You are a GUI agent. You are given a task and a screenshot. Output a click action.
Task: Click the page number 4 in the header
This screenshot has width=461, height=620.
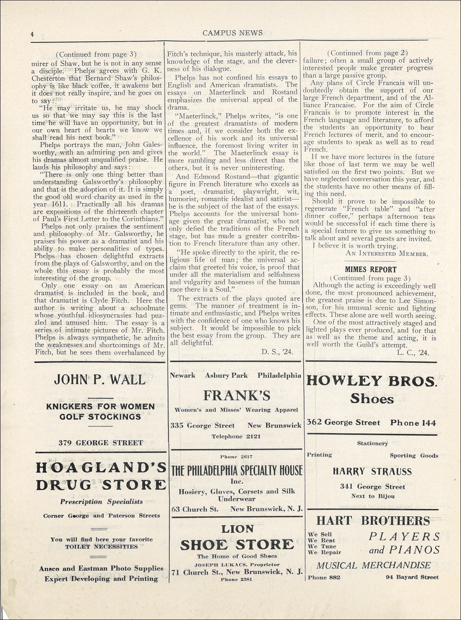point(32,35)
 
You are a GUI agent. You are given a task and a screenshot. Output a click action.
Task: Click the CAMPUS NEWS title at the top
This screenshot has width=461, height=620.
point(232,33)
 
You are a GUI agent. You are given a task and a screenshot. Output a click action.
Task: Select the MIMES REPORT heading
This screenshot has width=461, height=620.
point(370,270)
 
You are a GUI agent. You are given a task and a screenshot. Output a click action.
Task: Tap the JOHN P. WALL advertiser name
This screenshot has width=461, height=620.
point(100,379)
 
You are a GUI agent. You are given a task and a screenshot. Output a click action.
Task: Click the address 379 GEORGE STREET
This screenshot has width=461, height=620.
point(101,443)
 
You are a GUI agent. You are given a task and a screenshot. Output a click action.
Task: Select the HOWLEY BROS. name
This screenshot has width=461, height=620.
point(371,381)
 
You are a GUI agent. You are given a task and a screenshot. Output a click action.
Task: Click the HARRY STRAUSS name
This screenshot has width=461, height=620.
point(372,472)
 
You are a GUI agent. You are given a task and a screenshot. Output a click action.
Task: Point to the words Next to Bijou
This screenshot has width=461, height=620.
point(373,496)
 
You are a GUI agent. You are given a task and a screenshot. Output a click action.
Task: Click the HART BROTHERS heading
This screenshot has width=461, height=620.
point(373,520)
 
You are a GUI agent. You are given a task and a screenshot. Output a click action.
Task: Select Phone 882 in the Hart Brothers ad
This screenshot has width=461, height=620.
point(323,577)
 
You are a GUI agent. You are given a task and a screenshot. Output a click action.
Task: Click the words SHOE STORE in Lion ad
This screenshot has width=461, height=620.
point(236,544)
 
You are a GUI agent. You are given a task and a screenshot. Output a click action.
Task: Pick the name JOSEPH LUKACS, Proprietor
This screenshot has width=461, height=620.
point(236,564)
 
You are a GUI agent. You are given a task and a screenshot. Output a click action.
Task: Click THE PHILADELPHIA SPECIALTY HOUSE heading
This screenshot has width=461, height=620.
point(236,470)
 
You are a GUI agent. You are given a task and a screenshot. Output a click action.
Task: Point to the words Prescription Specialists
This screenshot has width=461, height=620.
point(101,502)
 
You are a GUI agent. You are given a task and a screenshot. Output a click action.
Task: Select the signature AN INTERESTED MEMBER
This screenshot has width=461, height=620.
point(386,253)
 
